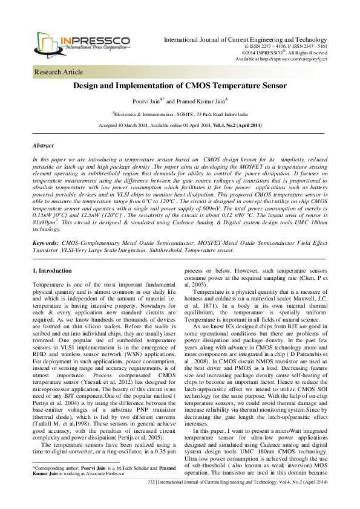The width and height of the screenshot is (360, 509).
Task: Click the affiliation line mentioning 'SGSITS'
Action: tap(180, 114)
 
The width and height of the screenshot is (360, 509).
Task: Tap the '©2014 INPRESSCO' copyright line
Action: tap(284, 53)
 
